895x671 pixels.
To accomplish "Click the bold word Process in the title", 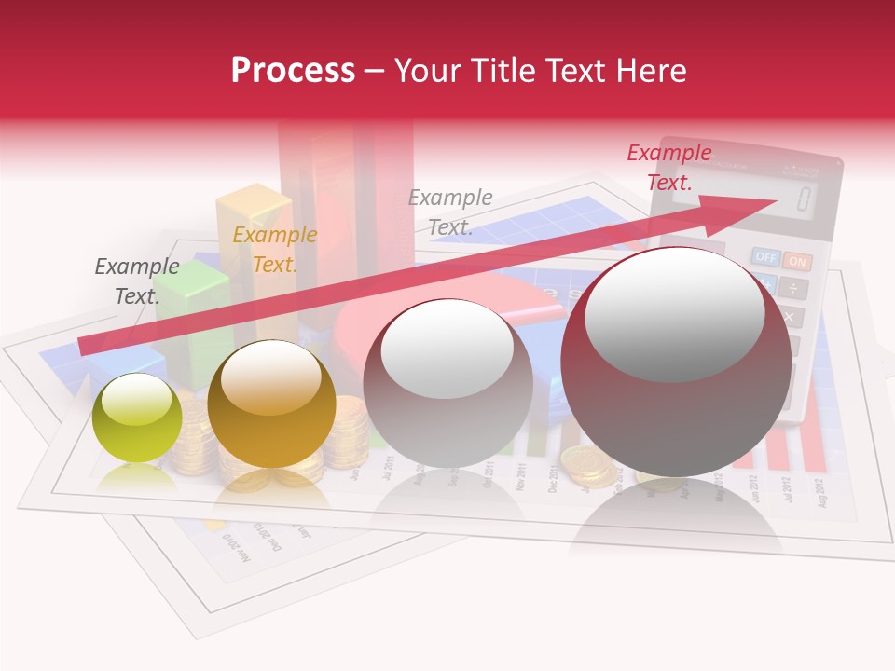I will tap(293, 71).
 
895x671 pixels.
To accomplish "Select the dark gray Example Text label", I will tap(137, 281).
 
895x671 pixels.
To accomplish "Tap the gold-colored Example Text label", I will tap(274, 250).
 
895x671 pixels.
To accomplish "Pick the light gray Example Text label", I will tap(450, 212).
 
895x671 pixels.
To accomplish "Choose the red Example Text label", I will tap(669, 167).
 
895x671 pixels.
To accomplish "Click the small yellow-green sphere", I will tap(137, 418).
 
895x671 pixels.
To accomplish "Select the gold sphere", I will tap(270, 404).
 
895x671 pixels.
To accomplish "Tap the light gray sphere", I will tap(447, 383).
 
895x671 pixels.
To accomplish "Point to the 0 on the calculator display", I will tap(803, 199).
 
